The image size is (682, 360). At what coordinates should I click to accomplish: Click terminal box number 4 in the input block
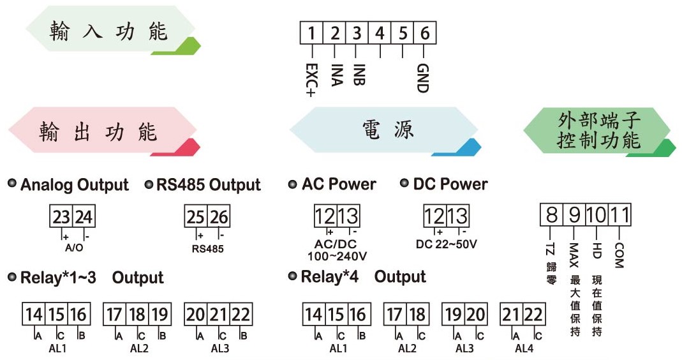[380, 33]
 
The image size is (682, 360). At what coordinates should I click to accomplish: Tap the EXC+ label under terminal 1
[311, 80]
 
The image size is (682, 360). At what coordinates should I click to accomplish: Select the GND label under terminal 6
[423, 78]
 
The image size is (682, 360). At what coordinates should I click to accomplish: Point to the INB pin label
[359, 75]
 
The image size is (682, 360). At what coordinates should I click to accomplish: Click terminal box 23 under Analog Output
[61, 216]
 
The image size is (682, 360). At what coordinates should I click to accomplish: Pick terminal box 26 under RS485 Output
[219, 216]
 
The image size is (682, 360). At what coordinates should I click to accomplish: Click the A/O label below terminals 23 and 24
[73, 248]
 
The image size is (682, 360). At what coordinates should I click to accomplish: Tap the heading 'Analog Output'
[75, 185]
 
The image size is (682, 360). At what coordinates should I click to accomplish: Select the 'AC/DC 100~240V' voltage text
[337, 250]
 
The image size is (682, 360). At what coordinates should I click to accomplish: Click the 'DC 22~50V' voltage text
[446, 244]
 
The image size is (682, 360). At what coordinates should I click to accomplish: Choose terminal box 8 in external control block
[551, 214]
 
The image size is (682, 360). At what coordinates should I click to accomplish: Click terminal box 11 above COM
[619, 214]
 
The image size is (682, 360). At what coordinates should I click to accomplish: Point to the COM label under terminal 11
[619, 255]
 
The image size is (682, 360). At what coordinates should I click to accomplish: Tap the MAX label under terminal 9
[574, 255]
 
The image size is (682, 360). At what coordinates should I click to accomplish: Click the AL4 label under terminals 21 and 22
[524, 349]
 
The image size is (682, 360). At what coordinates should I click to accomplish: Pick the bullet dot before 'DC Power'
[404, 183]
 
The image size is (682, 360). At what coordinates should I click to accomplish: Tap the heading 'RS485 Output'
[209, 185]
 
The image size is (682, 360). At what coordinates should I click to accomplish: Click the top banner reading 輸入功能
[113, 30]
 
